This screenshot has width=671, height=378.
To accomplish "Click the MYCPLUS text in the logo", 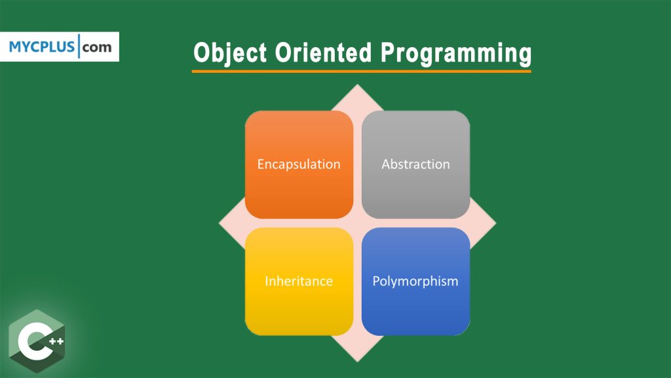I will (42, 47).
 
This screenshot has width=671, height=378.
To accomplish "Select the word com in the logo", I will (97, 47).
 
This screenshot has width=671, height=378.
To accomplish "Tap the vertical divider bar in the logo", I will (79, 47).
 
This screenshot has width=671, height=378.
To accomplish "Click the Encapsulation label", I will (299, 164).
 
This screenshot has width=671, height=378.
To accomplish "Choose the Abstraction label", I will (415, 164).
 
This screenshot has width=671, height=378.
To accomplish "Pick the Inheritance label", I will (299, 281).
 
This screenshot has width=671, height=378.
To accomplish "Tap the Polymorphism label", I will (415, 281).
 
